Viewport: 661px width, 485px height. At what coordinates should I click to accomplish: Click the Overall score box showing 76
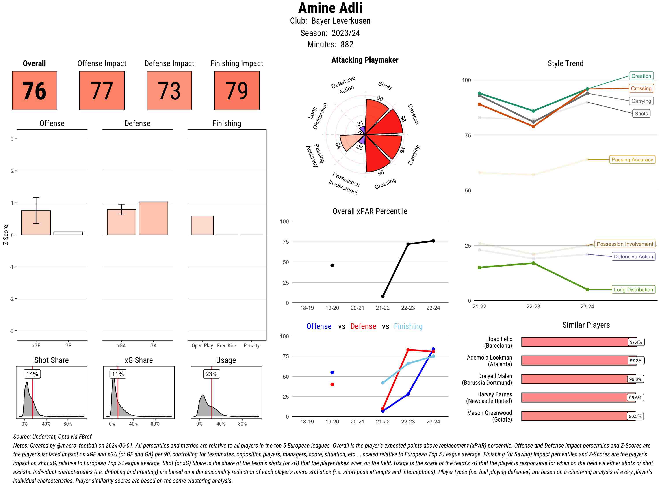34,90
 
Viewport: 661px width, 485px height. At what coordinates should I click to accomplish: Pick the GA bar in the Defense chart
153,218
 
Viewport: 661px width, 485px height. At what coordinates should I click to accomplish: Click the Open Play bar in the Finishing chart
202,226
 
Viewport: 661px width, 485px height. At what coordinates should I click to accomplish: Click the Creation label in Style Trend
641,76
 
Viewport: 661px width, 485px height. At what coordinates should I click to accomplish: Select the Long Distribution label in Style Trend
633,290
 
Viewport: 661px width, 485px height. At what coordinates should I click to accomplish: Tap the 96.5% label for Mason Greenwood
635,416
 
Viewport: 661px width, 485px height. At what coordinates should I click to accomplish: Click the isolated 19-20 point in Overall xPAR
332,265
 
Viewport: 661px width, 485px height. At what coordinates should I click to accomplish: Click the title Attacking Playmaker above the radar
365,60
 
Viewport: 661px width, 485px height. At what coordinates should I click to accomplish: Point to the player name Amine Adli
330,8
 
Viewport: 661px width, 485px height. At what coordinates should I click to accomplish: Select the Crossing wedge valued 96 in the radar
377,157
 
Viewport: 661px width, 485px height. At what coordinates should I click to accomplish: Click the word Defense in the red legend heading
363,326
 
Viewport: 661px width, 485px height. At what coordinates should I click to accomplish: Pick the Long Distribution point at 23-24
587,290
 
